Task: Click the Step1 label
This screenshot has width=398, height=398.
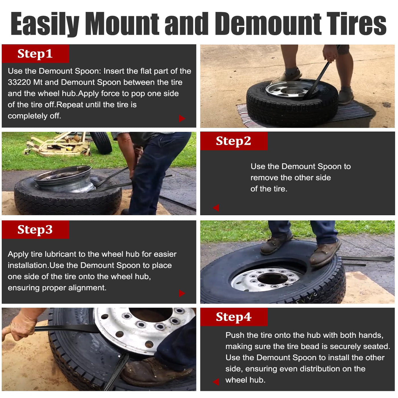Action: point(35,54)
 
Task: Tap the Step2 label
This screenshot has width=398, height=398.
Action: point(233,141)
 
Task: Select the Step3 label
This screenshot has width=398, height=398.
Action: point(35,230)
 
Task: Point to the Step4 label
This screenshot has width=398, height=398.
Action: point(234,317)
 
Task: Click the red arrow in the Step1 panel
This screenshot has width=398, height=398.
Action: point(182,118)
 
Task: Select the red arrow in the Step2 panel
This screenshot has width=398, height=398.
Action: point(216,208)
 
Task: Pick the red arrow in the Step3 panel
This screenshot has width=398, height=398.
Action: point(182,293)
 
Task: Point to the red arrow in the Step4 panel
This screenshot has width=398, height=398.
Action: point(216,382)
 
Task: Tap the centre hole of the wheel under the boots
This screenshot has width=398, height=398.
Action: point(272,278)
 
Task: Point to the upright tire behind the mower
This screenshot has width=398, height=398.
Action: point(101,142)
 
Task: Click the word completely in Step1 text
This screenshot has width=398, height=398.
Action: point(28,116)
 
